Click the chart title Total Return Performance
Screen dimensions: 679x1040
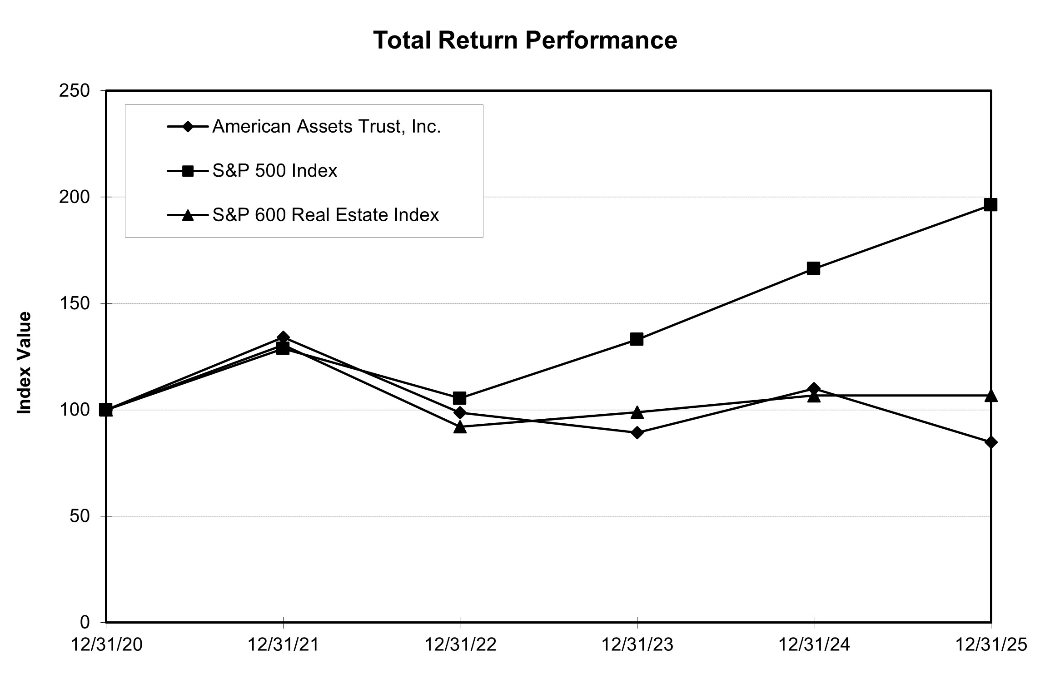click(525, 40)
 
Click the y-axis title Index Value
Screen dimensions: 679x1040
click(24, 362)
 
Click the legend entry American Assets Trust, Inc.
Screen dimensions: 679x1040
click(326, 127)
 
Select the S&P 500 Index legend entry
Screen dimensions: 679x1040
click(274, 171)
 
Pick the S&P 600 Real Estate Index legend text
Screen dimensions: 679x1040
click(325, 215)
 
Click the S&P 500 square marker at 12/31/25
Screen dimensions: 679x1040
click(990, 204)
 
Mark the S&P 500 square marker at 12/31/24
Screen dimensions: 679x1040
click(813, 268)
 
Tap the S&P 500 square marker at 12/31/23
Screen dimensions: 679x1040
click(637, 339)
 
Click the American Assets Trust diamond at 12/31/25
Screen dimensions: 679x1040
click(991, 442)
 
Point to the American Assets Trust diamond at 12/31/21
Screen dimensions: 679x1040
click(283, 337)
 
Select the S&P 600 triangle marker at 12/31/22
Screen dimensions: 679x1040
click(460, 427)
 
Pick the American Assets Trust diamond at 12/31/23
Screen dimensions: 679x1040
click(637, 432)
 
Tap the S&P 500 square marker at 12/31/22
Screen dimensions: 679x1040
click(459, 398)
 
